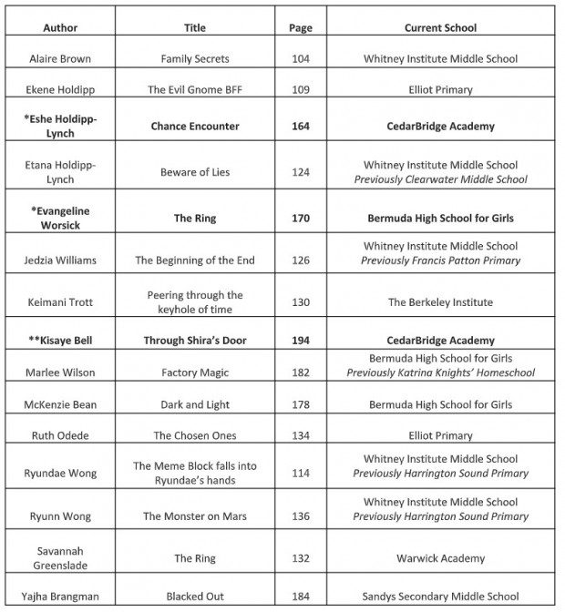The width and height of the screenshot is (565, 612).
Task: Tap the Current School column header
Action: click(x=440, y=27)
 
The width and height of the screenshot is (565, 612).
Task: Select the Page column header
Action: click(x=301, y=27)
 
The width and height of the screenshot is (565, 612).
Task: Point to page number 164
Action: click(x=301, y=127)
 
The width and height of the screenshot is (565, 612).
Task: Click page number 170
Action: click(x=301, y=218)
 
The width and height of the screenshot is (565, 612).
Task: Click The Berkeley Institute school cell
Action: click(x=440, y=302)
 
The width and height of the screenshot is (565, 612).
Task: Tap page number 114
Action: click(x=301, y=474)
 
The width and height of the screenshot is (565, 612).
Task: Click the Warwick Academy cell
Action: click(x=440, y=558)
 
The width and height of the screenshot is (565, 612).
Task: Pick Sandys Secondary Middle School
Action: click(x=440, y=597)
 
